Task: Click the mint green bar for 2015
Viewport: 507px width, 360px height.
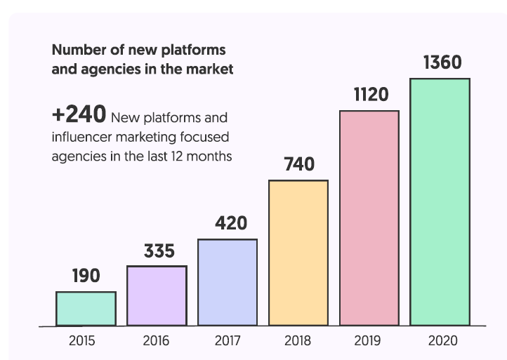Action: click(x=86, y=309)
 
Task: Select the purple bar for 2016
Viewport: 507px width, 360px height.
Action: click(x=157, y=296)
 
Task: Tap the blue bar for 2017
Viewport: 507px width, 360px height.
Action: click(x=228, y=283)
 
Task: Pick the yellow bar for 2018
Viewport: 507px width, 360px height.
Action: click(x=298, y=253)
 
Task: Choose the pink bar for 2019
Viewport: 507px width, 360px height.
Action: click(x=369, y=218)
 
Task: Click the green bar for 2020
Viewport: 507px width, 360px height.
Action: click(x=440, y=202)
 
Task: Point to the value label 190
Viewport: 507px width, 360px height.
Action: click(x=86, y=276)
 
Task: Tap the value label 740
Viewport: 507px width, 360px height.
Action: click(x=299, y=165)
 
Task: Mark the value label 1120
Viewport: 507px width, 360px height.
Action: click(x=371, y=95)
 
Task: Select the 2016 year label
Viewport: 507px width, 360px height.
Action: click(x=156, y=342)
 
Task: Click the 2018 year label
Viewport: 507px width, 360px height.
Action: click(x=298, y=342)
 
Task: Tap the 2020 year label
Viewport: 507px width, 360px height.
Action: click(x=442, y=342)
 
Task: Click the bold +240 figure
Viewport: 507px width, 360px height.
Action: click(x=79, y=114)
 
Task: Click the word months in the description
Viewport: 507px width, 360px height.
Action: click(x=211, y=156)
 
